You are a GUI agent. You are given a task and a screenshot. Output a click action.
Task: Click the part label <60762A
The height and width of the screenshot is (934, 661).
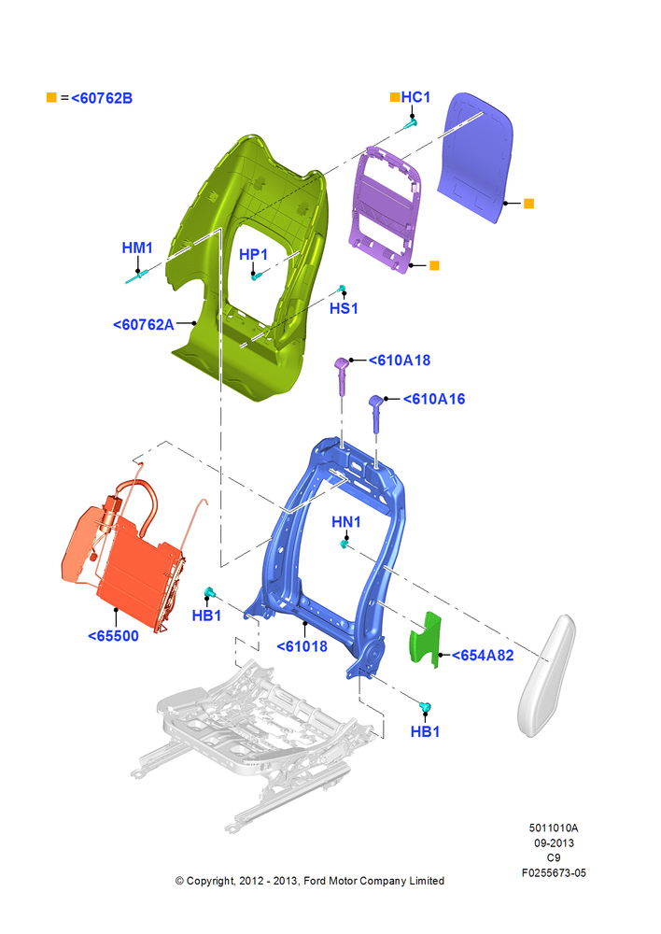click(x=144, y=325)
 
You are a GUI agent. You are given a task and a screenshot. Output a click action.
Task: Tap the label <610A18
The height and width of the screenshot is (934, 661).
click(x=400, y=361)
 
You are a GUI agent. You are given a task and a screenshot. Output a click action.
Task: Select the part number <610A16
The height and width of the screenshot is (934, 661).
click(x=434, y=399)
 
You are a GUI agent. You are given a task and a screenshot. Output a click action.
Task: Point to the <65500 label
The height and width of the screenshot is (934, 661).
click(x=113, y=636)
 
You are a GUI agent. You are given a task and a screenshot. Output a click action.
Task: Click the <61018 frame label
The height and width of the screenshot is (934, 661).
click(x=302, y=646)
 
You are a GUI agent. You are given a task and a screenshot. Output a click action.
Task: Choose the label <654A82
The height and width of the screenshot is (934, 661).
click(x=483, y=656)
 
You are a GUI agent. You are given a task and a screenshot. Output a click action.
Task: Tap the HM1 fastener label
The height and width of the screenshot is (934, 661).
click(x=137, y=248)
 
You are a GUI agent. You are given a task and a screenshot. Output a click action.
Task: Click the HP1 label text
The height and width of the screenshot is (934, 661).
click(x=254, y=255)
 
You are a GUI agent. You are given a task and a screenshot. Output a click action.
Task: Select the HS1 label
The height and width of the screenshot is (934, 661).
click(x=344, y=308)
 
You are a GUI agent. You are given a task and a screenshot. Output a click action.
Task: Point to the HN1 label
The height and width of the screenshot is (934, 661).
click(x=346, y=522)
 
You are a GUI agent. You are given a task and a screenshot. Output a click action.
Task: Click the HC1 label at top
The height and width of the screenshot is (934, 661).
click(x=415, y=97)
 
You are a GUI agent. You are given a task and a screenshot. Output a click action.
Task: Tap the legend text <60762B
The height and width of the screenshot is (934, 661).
click(x=102, y=98)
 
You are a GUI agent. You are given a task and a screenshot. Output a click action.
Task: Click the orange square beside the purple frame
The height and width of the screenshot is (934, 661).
click(x=434, y=265)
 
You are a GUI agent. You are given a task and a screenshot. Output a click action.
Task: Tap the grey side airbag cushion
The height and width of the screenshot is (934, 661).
click(x=547, y=675)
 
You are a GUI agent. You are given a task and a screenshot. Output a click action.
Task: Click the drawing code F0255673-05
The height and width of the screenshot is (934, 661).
click(x=554, y=872)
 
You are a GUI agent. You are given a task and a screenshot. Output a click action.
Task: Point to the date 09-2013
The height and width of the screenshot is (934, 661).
click(x=554, y=842)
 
